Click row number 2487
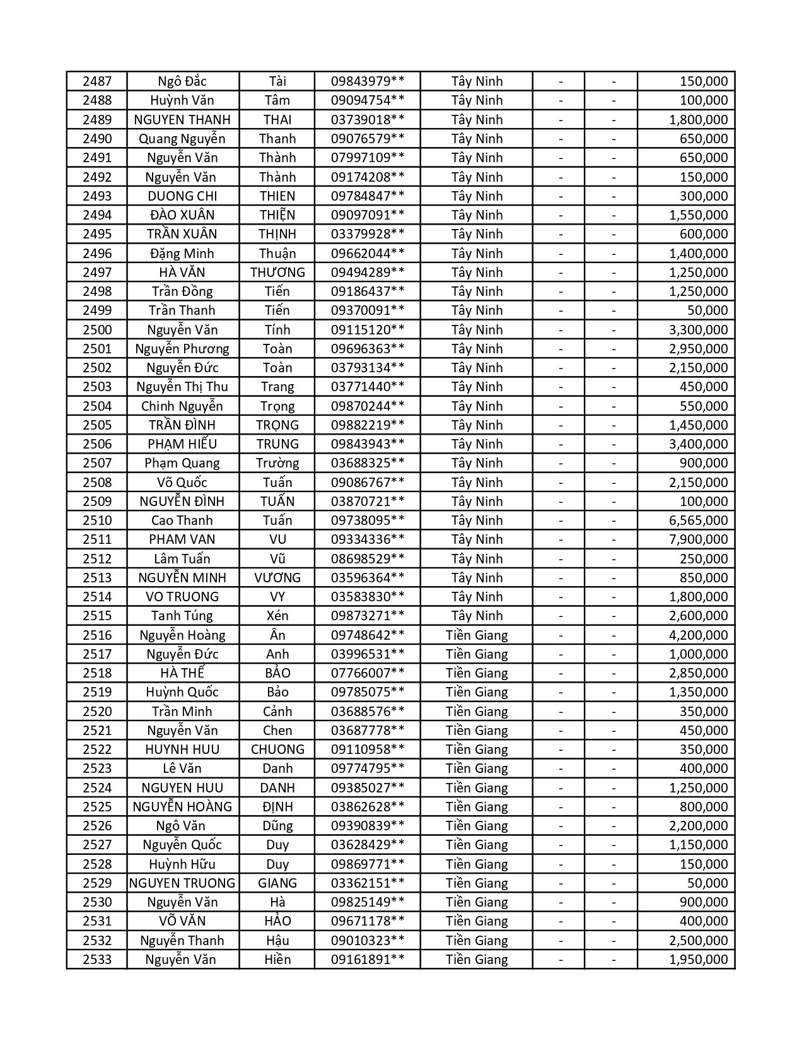96,81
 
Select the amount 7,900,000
698,539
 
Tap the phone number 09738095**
367,520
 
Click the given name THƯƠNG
277,273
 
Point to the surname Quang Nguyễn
182,139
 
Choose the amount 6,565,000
698,520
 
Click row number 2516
96,635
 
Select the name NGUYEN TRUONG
182,883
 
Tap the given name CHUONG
277,750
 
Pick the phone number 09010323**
367,941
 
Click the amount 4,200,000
698,635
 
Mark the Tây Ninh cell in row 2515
477,616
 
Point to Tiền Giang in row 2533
477,960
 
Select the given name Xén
277,616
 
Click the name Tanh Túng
182,616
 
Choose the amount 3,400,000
698,444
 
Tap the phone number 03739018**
367,120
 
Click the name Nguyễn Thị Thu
182,387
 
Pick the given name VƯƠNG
277,578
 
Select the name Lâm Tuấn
182,559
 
